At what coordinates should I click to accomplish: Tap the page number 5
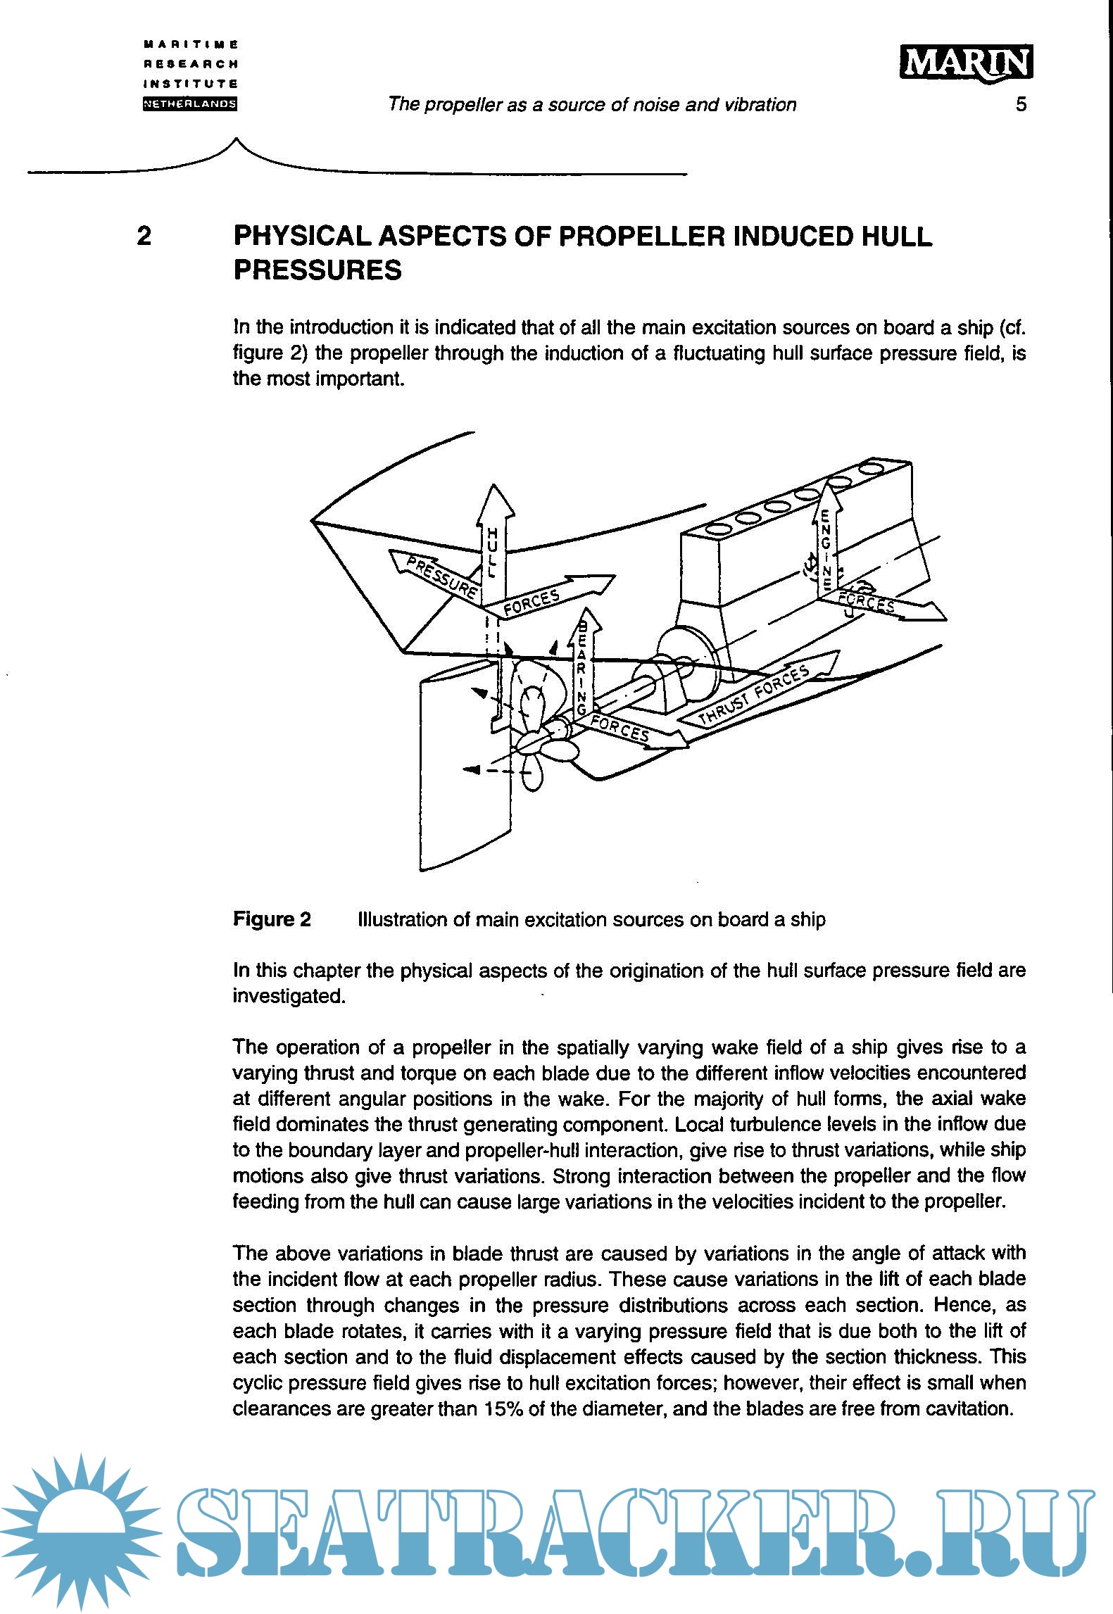coord(1021,104)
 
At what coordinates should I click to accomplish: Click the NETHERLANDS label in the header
coord(190,104)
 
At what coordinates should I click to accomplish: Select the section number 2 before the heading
coord(144,236)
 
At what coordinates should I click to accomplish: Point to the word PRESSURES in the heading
coord(317,270)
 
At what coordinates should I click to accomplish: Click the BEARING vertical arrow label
coord(582,669)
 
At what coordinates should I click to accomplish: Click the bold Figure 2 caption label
coord(272,919)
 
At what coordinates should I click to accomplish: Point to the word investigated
coord(289,997)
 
